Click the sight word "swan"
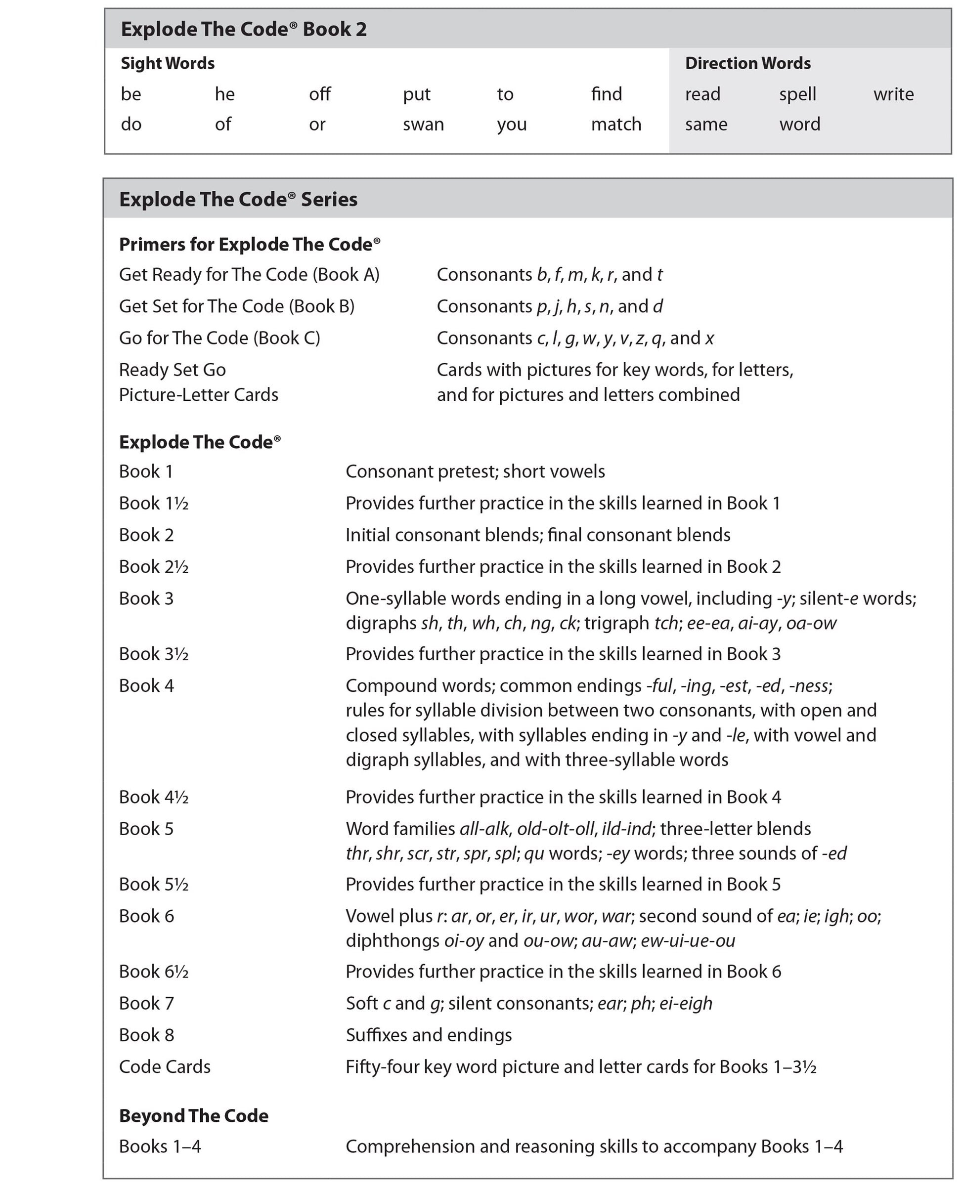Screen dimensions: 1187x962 [423, 125]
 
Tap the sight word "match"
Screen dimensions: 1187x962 [615, 125]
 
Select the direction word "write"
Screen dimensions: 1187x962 [893, 94]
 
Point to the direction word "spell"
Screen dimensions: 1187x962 [797, 94]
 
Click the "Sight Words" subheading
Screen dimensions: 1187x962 [168, 63]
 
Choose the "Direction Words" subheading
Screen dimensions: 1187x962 [747, 63]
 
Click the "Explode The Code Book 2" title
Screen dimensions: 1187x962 [244, 29]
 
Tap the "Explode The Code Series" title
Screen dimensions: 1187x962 [238, 200]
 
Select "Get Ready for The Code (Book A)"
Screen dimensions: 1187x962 [249, 275]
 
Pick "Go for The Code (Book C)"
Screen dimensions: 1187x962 [219, 338]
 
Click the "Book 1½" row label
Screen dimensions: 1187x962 [154, 503]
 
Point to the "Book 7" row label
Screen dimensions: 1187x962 [146, 1003]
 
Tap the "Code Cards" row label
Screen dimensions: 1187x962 [165, 1067]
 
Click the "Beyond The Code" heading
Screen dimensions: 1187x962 [193, 1115]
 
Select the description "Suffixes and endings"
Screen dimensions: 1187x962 [429, 1035]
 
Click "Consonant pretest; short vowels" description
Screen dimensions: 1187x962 [475, 471]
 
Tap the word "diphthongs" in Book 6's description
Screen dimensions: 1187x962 [393, 940]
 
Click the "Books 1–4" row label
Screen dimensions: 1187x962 [160, 1146]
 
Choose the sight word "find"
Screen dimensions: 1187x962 [606, 94]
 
